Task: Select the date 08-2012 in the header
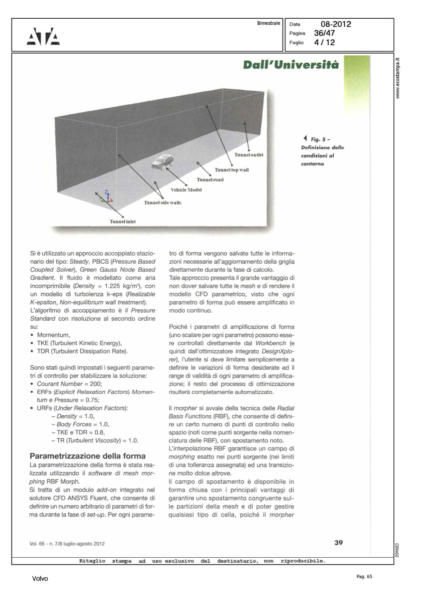(x=336, y=24)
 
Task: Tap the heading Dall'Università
(x=291, y=65)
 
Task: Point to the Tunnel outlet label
(x=249, y=155)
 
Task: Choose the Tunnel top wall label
(x=232, y=170)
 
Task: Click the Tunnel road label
(x=210, y=180)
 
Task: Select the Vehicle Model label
(x=186, y=190)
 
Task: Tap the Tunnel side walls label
(x=163, y=203)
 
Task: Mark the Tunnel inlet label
(x=123, y=222)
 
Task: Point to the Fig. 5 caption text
(x=322, y=151)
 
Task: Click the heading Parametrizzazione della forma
(x=88, y=456)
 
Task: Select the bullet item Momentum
(x=53, y=335)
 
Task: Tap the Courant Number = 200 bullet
(x=69, y=384)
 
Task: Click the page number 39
(x=338, y=542)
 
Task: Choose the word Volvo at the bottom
(x=40, y=579)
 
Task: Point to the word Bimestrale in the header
(x=269, y=23)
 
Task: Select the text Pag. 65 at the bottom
(x=364, y=576)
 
